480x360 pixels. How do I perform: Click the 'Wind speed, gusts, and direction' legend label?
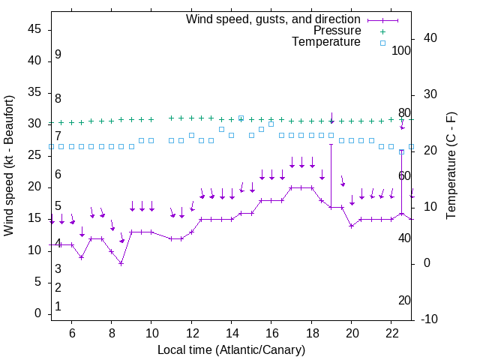(274, 19)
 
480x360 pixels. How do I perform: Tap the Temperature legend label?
(326, 42)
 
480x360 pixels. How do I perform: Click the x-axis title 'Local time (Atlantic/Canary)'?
(231, 349)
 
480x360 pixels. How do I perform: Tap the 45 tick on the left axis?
(35, 29)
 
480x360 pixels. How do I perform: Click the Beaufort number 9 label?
(58, 55)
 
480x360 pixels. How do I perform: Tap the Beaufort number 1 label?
(58, 306)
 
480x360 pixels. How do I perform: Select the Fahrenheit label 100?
(401, 51)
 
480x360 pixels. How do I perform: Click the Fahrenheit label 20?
(404, 300)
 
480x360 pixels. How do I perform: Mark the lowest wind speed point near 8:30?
(121, 263)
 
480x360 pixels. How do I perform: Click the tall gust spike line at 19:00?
(331, 172)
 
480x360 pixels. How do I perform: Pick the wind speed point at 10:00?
(151, 232)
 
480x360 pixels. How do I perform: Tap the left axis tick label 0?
(39, 313)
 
